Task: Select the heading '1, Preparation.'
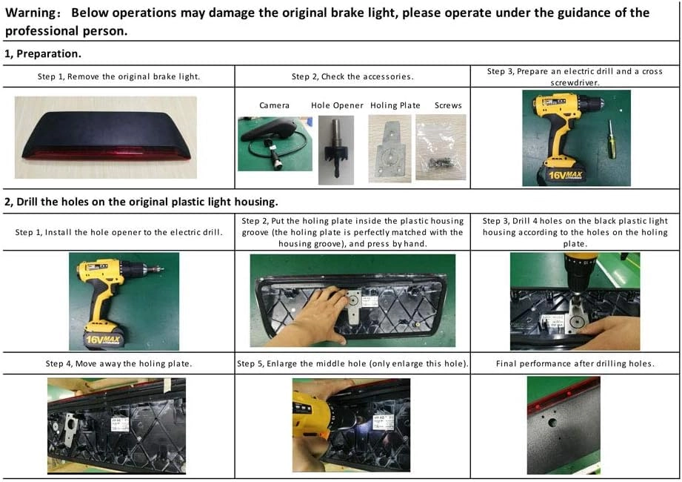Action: tap(43, 54)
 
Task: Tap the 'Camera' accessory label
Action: tap(274, 105)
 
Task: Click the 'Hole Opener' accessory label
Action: tap(337, 105)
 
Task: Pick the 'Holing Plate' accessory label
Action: tap(395, 105)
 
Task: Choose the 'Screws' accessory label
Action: tap(448, 105)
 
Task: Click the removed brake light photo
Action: tap(106, 136)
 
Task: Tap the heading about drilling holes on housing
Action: tap(141, 202)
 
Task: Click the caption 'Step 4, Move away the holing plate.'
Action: tap(118, 363)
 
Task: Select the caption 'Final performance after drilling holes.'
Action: tap(575, 363)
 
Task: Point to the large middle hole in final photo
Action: tap(552, 423)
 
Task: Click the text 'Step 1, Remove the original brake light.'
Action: tap(118, 76)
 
